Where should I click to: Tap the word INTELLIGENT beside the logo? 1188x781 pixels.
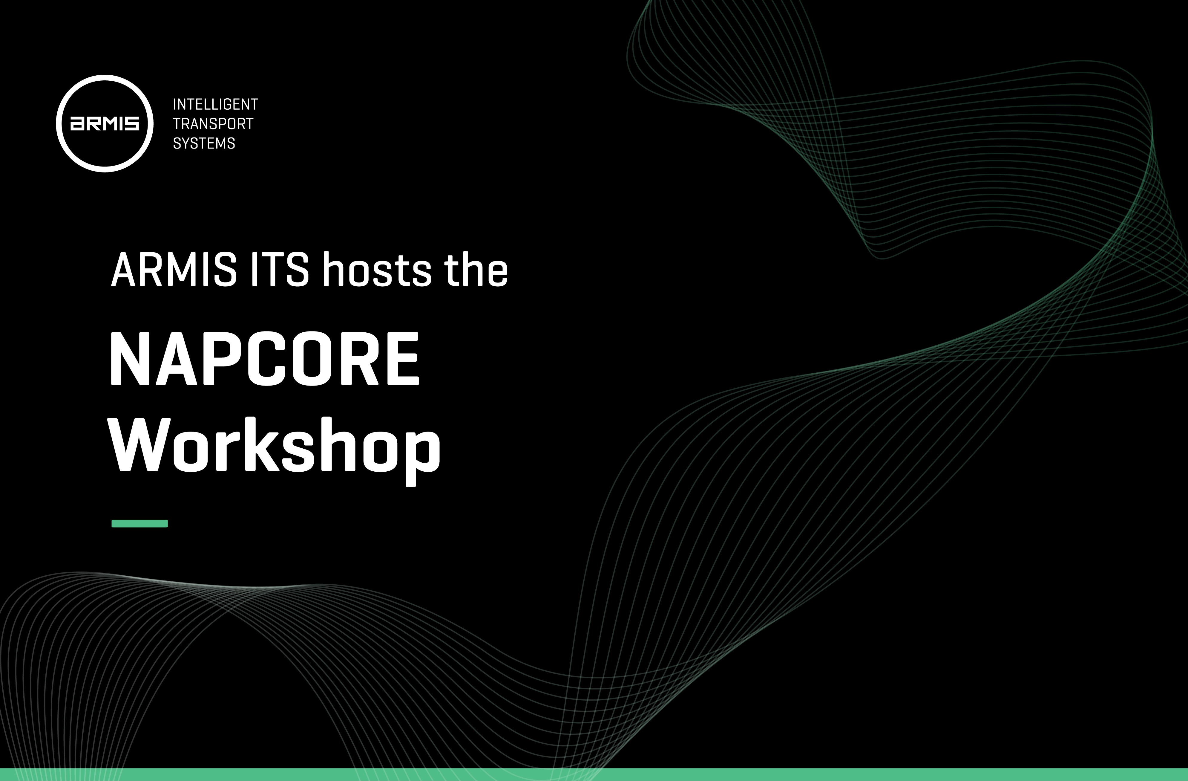(215, 104)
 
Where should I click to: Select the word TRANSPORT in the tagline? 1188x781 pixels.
(213, 124)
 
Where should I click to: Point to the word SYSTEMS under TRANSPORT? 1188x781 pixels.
(204, 143)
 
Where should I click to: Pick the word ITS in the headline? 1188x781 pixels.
(280, 270)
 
